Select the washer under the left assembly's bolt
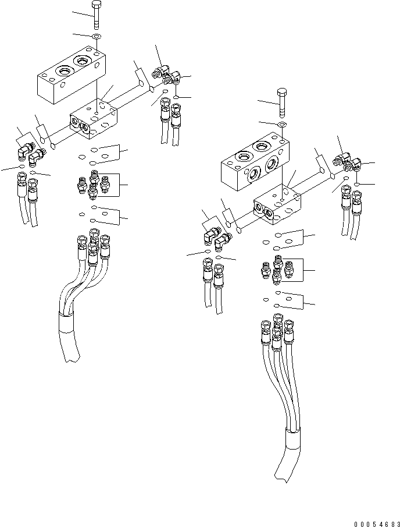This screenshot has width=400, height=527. pyautogui.click(x=97, y=37)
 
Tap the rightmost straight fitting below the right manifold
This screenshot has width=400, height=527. pyautogui.click(x=289, y=268)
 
